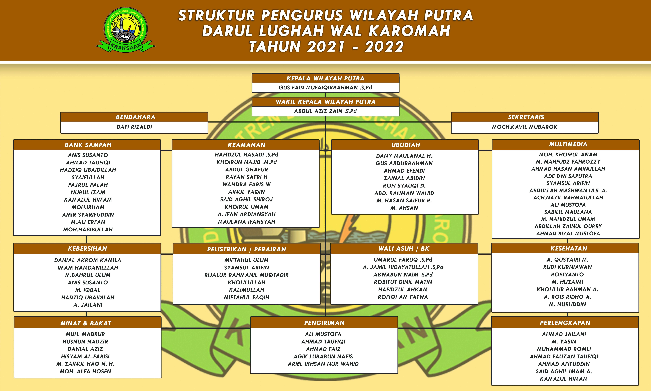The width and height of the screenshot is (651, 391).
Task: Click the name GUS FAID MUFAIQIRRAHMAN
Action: [325, 87]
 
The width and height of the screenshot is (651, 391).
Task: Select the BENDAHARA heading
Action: [135, 117]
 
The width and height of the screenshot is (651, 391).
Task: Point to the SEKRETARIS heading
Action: [526, 117]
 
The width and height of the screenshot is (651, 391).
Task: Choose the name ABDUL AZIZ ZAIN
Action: [325, 111]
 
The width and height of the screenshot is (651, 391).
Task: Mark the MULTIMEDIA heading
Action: [568, 144]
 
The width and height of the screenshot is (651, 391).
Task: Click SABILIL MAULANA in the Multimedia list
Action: [568, 212]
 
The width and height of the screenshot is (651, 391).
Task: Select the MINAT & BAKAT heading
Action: [86, 323]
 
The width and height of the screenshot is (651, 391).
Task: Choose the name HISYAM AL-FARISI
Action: [85, 356]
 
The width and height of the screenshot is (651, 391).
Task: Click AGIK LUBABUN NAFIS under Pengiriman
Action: [323, 356]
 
